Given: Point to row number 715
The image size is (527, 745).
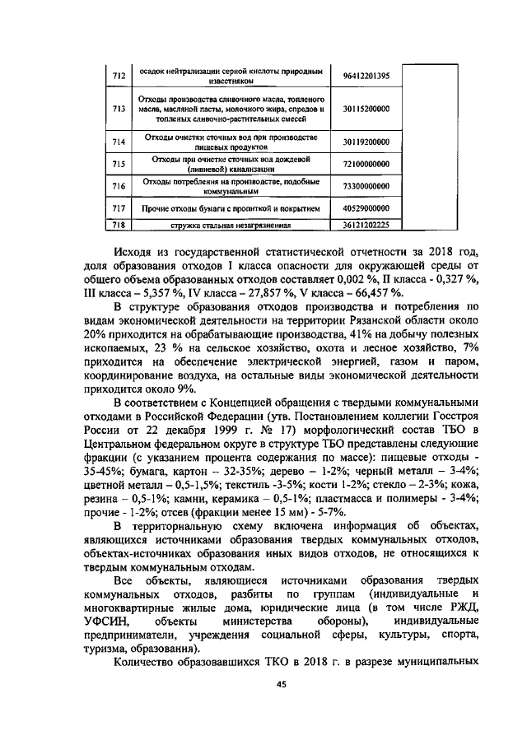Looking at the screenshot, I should point(118,164).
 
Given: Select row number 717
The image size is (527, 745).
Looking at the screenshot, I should point(118,208).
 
